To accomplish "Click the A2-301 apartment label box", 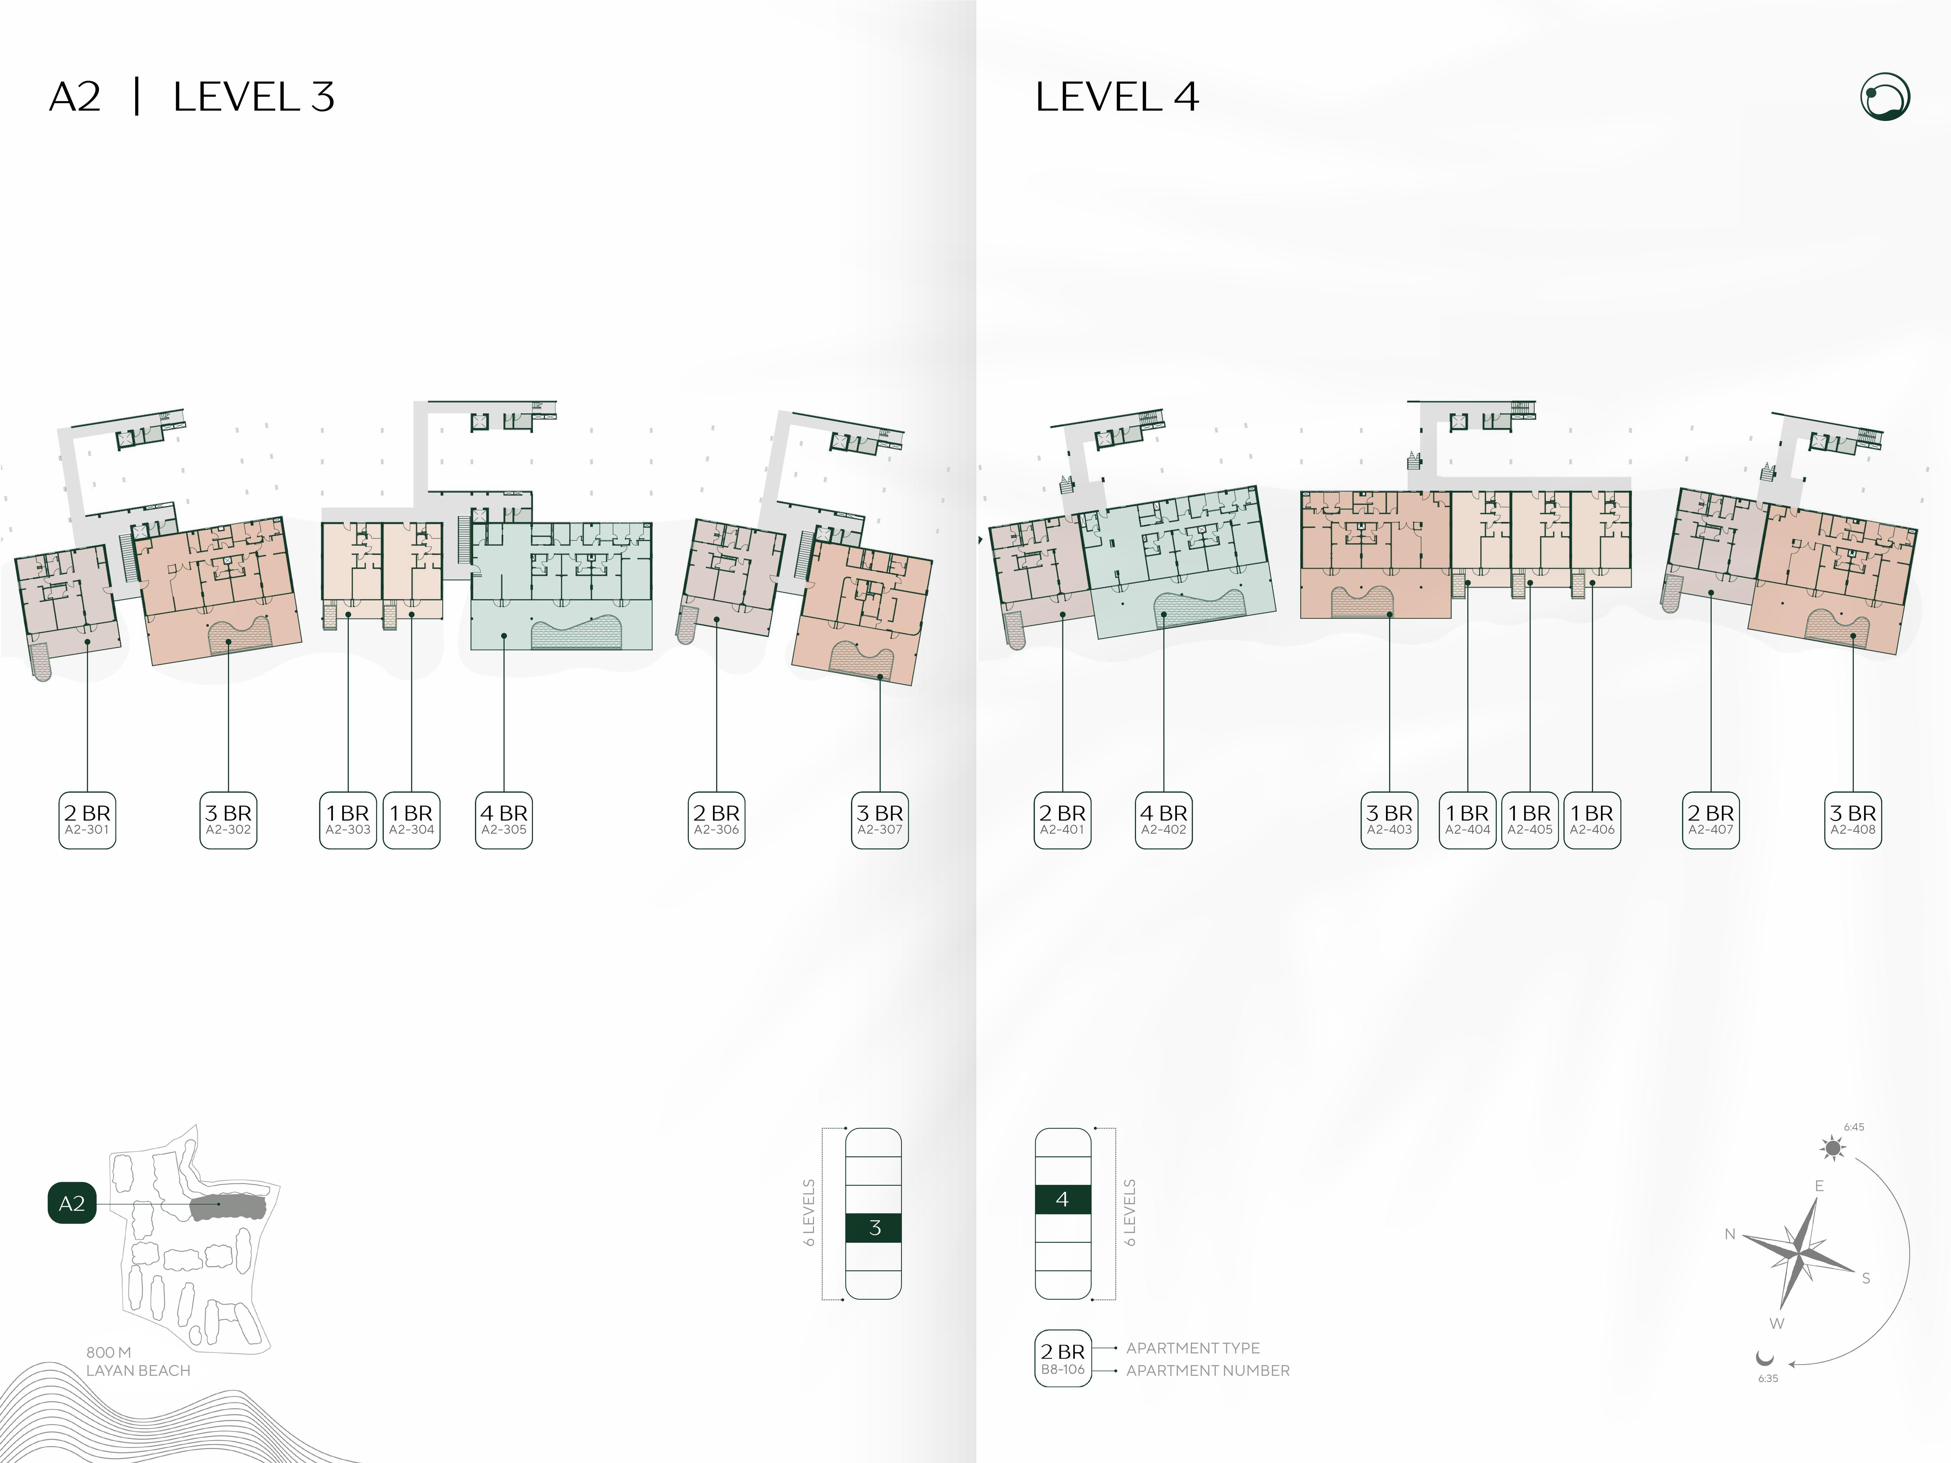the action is point(87,820).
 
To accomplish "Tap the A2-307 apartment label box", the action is point(879,820).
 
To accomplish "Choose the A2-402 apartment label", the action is point(1163,820).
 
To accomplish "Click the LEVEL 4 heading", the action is point(1117,97).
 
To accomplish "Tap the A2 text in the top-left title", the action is point(75,97).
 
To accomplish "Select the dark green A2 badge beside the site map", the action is point(71,1203).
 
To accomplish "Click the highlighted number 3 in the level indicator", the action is point(874,1227).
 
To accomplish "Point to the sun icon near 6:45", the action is point(1834,1148).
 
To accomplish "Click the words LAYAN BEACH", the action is point(139,1370).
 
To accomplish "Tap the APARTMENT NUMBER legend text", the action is point(1207,1370).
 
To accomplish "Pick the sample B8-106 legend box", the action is point(1063,1358).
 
